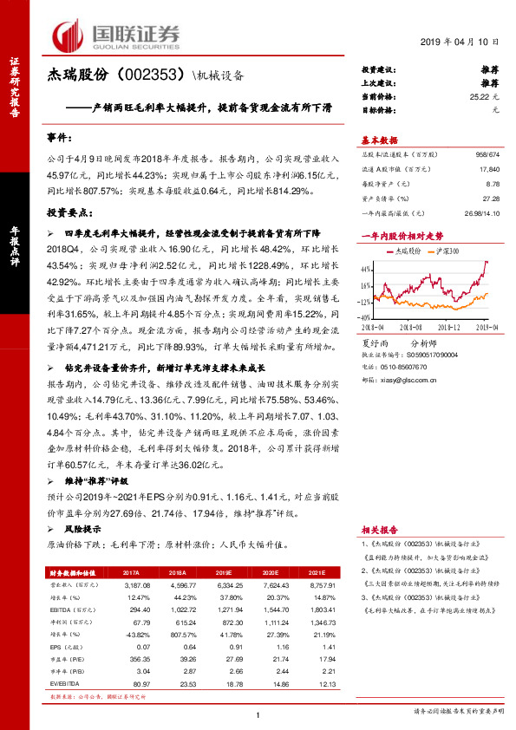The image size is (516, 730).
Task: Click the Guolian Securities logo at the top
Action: pyautogui.click(x=120, y=35)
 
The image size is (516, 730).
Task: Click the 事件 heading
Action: pyautogui.click(x=62, y=139)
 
